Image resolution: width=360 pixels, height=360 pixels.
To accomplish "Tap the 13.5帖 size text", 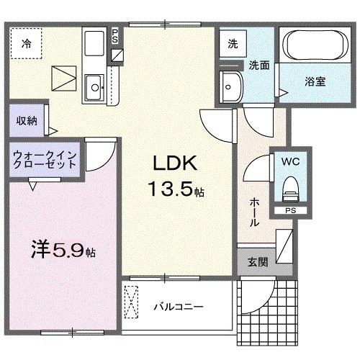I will coord(176,190).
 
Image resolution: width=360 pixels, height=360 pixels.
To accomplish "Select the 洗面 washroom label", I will coord(259,65).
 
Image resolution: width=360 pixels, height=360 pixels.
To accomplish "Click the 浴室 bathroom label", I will coord(314,81).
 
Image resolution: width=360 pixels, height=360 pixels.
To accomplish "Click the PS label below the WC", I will coord(289,211).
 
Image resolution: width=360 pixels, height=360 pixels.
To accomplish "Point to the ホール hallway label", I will coord(254,212).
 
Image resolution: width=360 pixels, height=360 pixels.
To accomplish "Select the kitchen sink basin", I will coord(94,88).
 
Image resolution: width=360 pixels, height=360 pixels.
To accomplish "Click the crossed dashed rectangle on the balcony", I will coord(131,302).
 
